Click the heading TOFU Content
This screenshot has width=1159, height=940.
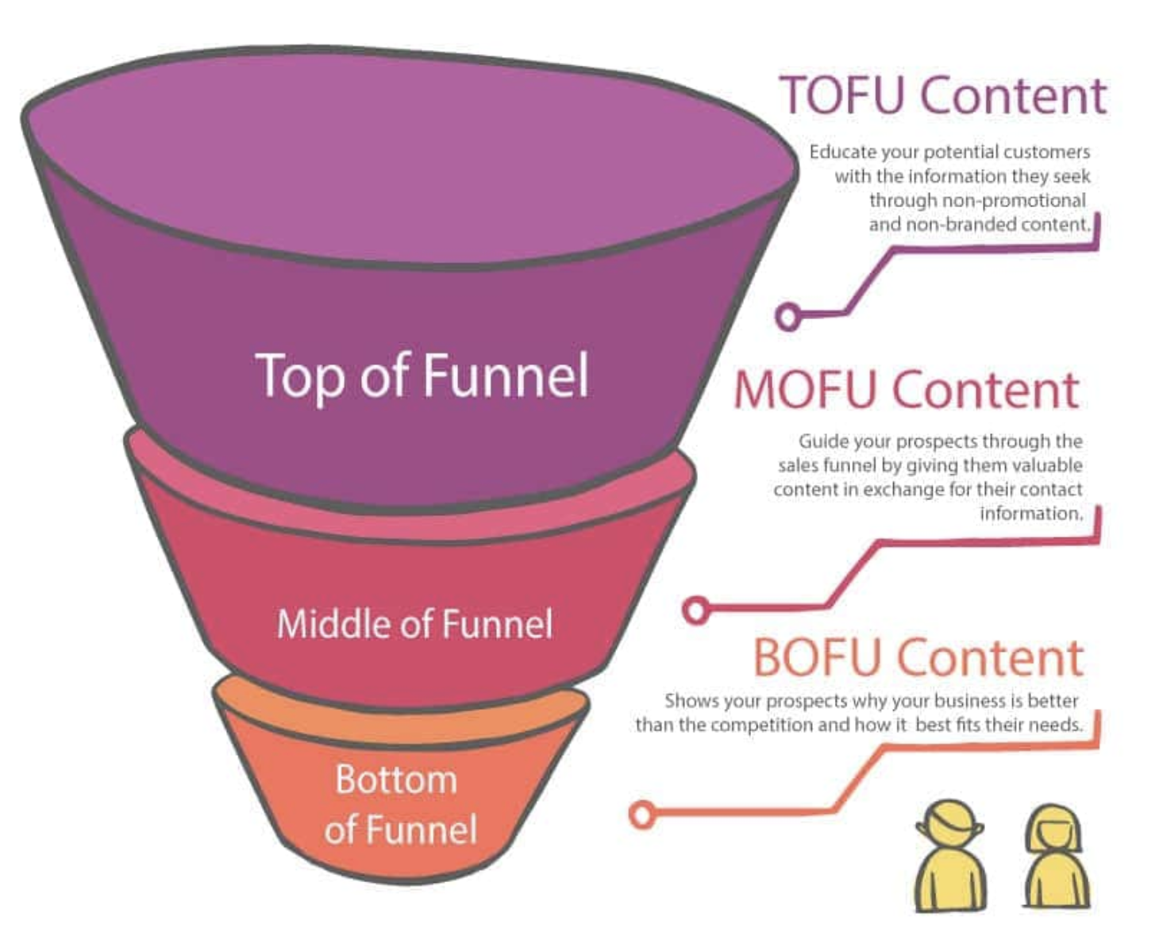[x=942, y=96]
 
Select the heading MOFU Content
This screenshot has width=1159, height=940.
[x=907, y=390]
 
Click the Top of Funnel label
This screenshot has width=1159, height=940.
[x=422, y=376]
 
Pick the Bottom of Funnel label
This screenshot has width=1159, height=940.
[x=400, y=804]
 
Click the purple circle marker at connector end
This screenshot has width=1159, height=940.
[x=787, y=315]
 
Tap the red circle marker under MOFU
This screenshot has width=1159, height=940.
[x=695, y=610]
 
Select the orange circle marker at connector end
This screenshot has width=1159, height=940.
[x=642, y=815]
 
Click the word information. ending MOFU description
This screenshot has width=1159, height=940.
[x=1031, y=514]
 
